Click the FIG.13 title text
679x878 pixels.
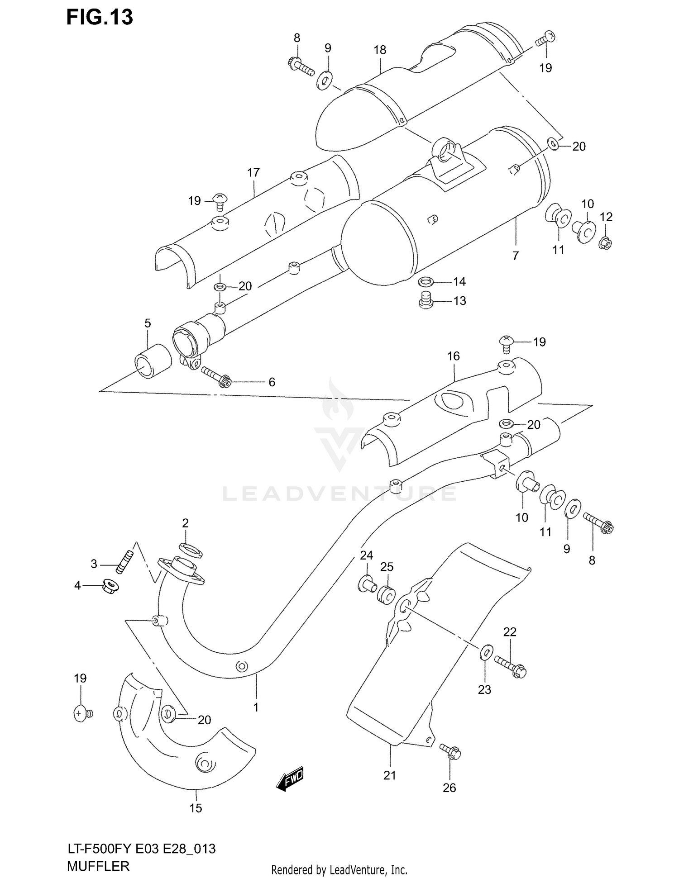click(100, 17)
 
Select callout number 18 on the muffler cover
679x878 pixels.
click(380, 50)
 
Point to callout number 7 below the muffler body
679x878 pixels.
click(515, 256)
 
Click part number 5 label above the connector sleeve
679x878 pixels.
click(148, 323)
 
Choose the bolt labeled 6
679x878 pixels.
click(215, 377)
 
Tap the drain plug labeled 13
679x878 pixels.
click(426, 300)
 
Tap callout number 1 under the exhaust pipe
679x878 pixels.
click(256, 707)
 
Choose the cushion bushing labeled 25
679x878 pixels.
click(386, 594)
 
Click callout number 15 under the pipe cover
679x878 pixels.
click(196, 808)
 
